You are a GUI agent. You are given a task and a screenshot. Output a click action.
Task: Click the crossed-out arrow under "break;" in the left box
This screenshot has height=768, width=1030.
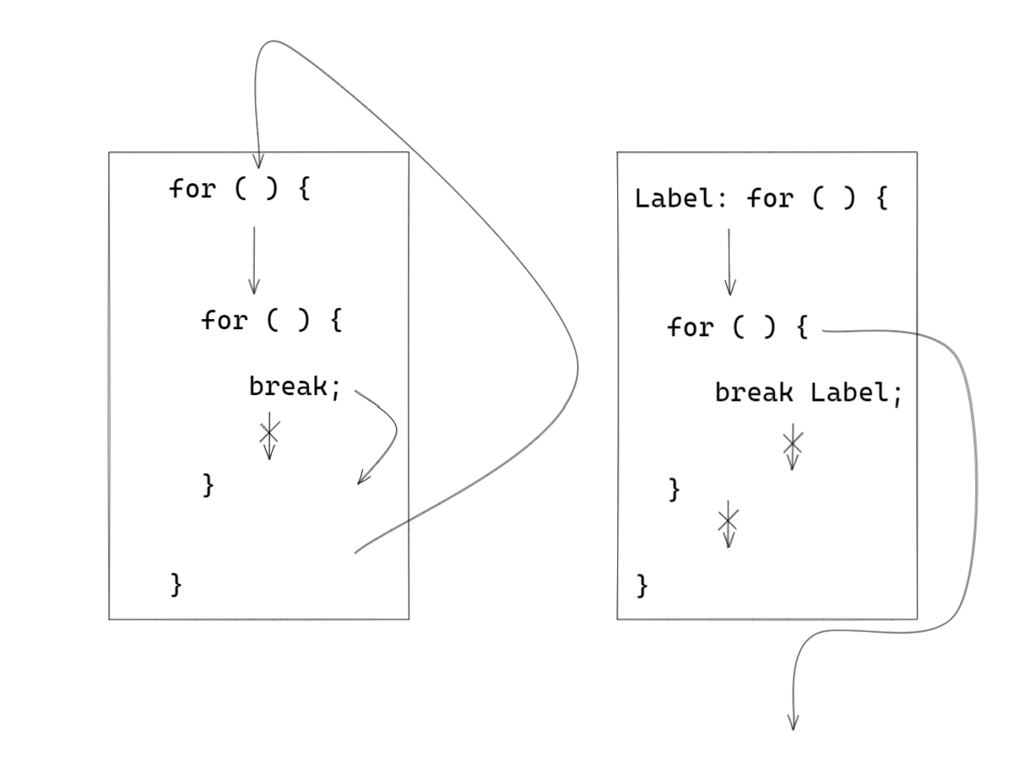[269, 435]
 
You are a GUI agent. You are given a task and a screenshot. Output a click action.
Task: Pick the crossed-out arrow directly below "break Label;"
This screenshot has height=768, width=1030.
[792, 448]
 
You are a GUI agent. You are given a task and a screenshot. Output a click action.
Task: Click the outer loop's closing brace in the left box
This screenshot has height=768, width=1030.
[176, 584]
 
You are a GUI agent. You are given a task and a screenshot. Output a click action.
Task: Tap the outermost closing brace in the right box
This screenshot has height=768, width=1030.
[642, 584]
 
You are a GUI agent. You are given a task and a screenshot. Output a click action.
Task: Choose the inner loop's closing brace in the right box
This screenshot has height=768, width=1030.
[674, 489]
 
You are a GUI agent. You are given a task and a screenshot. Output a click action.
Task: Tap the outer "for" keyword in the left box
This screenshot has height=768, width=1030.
[192, 188]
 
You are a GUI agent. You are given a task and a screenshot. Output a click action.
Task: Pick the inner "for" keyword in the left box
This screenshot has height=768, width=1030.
[223, 321]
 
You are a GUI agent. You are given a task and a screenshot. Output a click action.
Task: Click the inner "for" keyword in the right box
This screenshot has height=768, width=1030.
[690, 327]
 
